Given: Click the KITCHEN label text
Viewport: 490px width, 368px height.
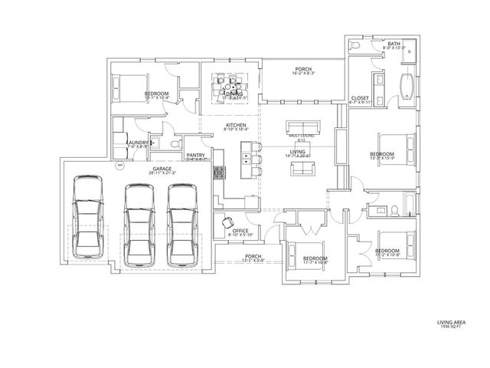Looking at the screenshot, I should (234, 125).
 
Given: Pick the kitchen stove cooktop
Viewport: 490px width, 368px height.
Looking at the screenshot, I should (220, 172).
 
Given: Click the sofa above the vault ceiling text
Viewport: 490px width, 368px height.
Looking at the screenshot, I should (299, 126).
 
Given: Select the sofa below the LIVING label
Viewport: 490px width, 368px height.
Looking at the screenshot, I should (299, 168).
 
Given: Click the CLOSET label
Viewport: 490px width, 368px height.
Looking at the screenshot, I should (360, 98).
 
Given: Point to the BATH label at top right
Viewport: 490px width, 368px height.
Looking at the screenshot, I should (394, 44).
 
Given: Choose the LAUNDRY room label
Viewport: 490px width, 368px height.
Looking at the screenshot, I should (138, 142).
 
